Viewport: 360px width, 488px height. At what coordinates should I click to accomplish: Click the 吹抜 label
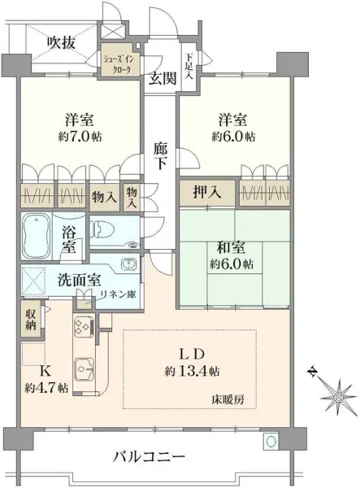61,42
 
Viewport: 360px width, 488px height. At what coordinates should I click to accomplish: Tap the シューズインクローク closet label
121,64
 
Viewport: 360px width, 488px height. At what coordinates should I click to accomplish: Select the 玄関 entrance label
161,78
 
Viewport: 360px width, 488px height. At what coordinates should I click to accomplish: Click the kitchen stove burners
83,329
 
